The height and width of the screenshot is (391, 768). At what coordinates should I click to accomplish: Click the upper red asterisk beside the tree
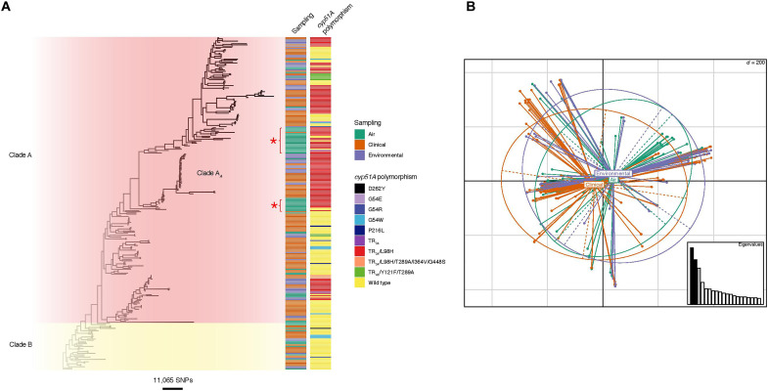[x=275, y=143]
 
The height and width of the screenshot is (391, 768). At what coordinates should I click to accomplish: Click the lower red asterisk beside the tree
[x=275, y=204]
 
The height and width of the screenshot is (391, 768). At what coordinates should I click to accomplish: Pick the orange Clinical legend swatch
[x=359, y=147]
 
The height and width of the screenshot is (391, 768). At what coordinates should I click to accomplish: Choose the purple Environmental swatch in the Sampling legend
[x=359, y=156]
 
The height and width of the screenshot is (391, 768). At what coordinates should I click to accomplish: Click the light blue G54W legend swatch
[x=359, y=211]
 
